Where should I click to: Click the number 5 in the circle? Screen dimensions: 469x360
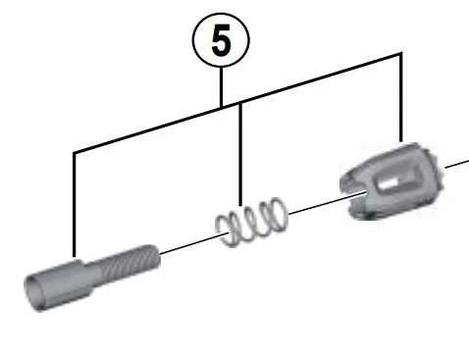coord(221,41)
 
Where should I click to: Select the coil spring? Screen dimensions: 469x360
coord(252,223)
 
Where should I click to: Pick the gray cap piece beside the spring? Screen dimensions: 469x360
coord(391,181)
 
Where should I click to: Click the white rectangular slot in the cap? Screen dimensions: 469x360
coord(388,184)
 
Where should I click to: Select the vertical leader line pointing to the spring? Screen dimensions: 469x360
coord(240,155)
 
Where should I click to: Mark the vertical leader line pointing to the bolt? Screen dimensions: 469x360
coord(75,204)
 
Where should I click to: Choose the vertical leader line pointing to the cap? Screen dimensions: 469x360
coord(401,97)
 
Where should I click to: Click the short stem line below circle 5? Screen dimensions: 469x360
coord(222,86)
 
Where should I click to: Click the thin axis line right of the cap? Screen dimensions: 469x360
coord(457,165)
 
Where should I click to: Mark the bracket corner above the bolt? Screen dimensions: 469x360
coord(75,152)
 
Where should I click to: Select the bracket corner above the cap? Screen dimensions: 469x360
coord(401,53)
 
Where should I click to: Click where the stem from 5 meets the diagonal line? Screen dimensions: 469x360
coord(222,107)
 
